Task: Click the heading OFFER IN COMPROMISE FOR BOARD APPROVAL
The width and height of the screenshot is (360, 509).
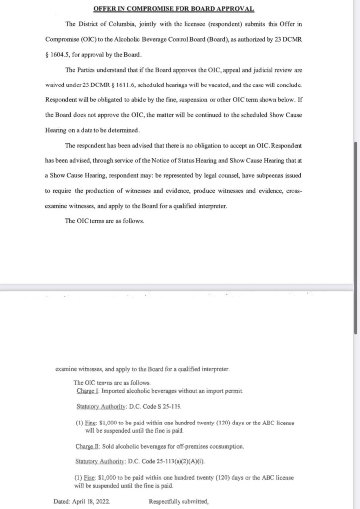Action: [x=174, y=9]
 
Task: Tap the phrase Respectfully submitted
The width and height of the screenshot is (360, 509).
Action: [x=179, y=501]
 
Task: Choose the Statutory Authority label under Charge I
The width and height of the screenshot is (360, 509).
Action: [x=101, y=407]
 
